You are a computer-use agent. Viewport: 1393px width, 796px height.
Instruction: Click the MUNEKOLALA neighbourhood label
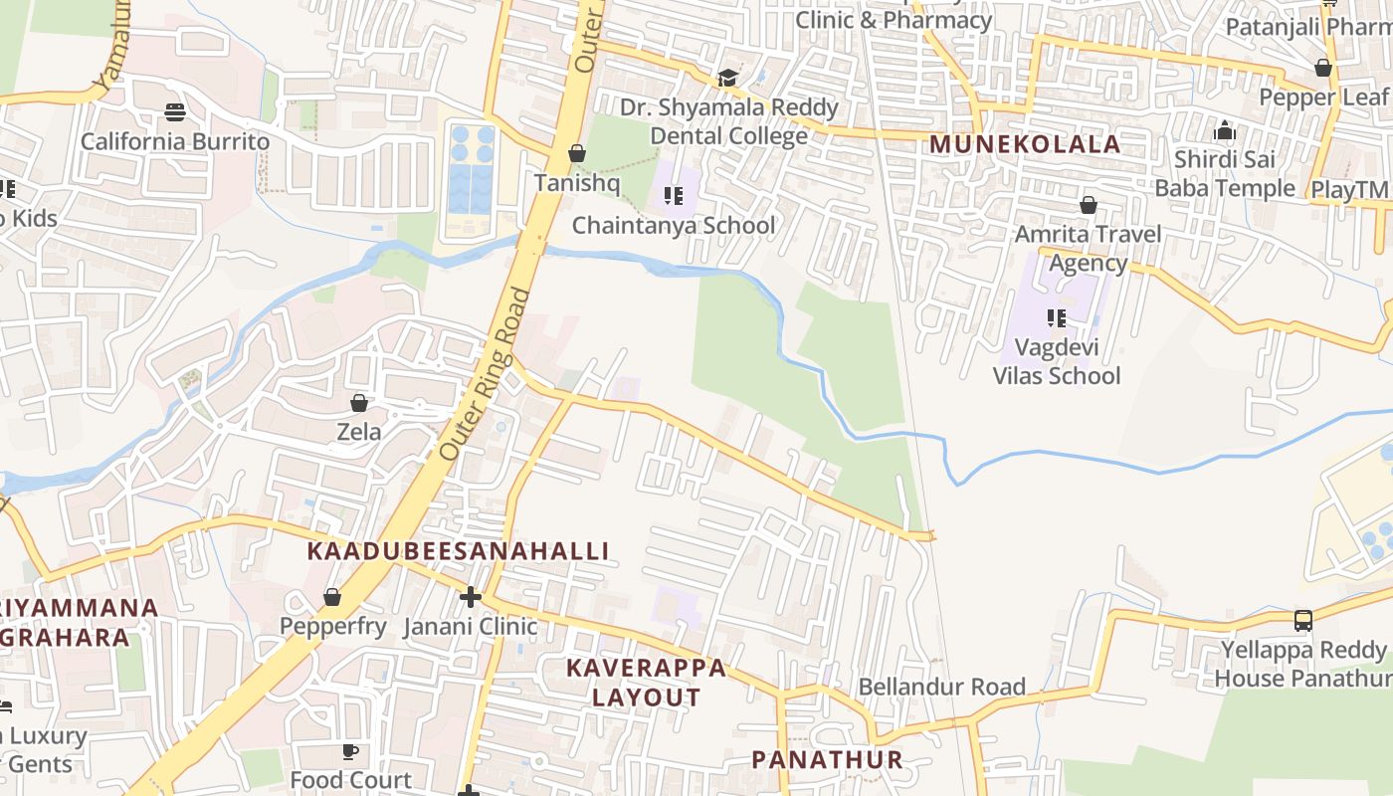tap(1025, 143)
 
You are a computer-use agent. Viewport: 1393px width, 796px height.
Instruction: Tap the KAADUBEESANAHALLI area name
tap(458, 551)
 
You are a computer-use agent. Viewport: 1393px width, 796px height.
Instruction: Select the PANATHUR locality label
tap(827, 760)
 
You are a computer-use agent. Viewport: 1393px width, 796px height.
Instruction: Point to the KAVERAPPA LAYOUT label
tap(647, 683)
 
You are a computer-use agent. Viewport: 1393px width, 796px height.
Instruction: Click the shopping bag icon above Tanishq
tap(576, 153)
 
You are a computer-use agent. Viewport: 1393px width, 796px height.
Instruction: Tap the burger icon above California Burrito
tap(175, 111)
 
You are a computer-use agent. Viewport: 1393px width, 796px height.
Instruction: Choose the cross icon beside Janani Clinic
tap(471, 597)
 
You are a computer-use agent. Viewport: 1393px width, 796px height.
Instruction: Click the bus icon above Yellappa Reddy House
tap(1303, 621)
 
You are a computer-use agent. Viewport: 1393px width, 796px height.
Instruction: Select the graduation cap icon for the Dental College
tap(728, 78)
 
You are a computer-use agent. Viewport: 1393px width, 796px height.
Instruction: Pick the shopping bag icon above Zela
tap(359, 403)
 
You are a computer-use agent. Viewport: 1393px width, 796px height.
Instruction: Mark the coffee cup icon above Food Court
tap(350, 751)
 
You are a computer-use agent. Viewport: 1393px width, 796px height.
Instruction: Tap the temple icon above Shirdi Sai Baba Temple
tap(1224, 130)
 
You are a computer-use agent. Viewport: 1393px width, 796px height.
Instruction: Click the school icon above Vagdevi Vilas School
tap(1057, 318)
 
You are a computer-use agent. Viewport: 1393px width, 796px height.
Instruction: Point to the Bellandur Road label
tap(941, 687)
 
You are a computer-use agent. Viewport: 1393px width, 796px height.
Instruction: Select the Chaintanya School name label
tap(673, 226)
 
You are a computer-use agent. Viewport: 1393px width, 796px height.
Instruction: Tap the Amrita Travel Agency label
tap(1088, 249)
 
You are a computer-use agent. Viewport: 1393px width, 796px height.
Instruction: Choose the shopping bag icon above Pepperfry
tap(332, 597)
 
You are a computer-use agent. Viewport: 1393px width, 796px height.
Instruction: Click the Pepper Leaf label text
tap(1322, 98)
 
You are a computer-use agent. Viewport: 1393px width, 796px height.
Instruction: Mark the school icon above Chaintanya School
tap(674, 196)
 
